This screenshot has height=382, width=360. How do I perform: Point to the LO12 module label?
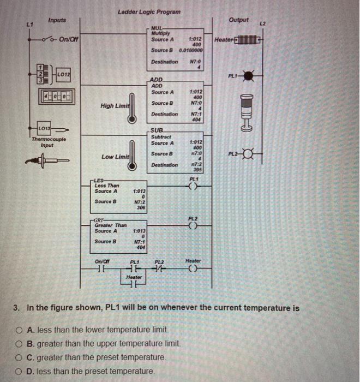(63, 73)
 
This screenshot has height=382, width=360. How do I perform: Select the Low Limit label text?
(115, 157)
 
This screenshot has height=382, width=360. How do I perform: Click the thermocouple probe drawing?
(46, 162)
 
